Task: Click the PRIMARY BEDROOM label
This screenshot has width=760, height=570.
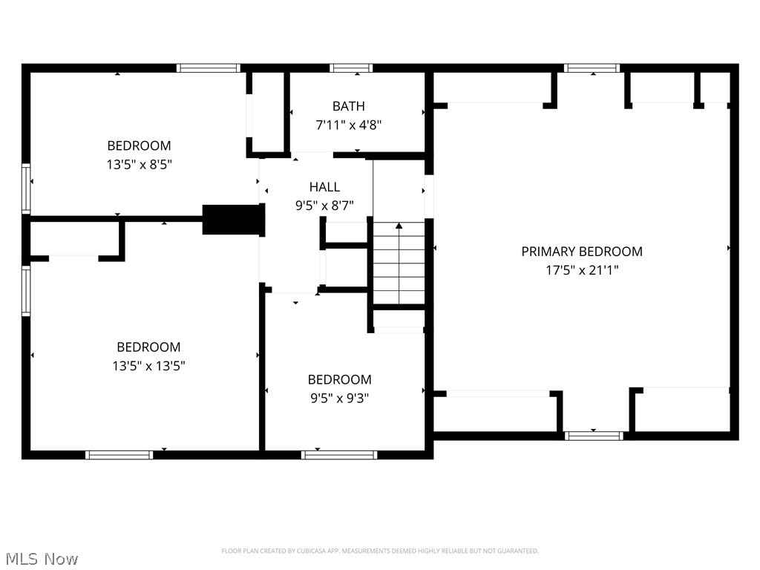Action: click(x=582, y=252)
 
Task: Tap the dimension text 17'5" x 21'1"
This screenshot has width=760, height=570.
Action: click(x=582, y=270)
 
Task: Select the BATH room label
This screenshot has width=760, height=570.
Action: click(x=349, y=106)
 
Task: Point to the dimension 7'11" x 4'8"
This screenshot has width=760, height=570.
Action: click(x=349, y=125)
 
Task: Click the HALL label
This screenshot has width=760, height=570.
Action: click(x=324, y=187)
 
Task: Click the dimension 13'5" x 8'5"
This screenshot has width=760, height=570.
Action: click(x=140, y=165)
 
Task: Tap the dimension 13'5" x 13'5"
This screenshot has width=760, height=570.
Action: click(x=148, y=366)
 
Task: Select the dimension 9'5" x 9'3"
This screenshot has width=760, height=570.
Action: click(x=339, y=399)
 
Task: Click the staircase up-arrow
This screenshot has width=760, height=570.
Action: click(x=399, y=226)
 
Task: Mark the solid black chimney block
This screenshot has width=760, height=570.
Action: click(x=233, y=220)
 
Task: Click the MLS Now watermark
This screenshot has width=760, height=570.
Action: click(x=42, y=558)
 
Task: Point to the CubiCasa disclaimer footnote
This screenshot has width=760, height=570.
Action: click(x=380, y=551)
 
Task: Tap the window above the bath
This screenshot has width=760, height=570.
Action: click(x=352, y=68)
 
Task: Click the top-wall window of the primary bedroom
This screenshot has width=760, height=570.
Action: click(x=592, y=68)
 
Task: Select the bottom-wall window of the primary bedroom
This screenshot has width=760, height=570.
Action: click(x=593, y=436)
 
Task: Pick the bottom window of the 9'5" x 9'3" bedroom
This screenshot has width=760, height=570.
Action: click(x=339, y=454)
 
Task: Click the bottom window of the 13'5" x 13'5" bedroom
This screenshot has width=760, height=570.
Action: click(x=119, y=454)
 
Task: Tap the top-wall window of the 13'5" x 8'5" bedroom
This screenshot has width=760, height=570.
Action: click(x=209, y=68)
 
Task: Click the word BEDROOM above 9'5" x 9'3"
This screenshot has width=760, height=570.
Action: click(x=339, y=380)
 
